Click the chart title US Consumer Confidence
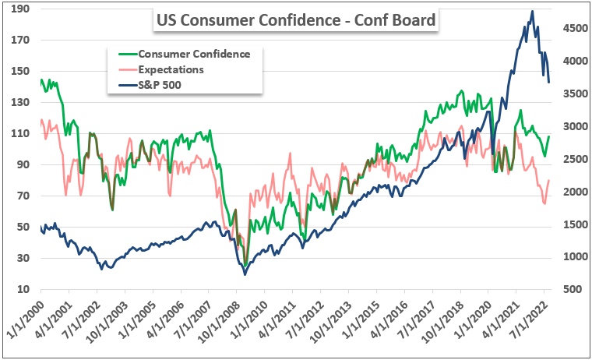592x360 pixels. [x=297, y=19]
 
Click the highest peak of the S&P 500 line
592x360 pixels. [x=532, y=11]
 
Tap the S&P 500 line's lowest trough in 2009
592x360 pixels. [x=245, y=274]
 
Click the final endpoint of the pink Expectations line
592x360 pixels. [x=549, y=180]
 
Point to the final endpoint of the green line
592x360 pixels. [x=549, y=136]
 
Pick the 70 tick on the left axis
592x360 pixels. [x=23, y=196]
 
